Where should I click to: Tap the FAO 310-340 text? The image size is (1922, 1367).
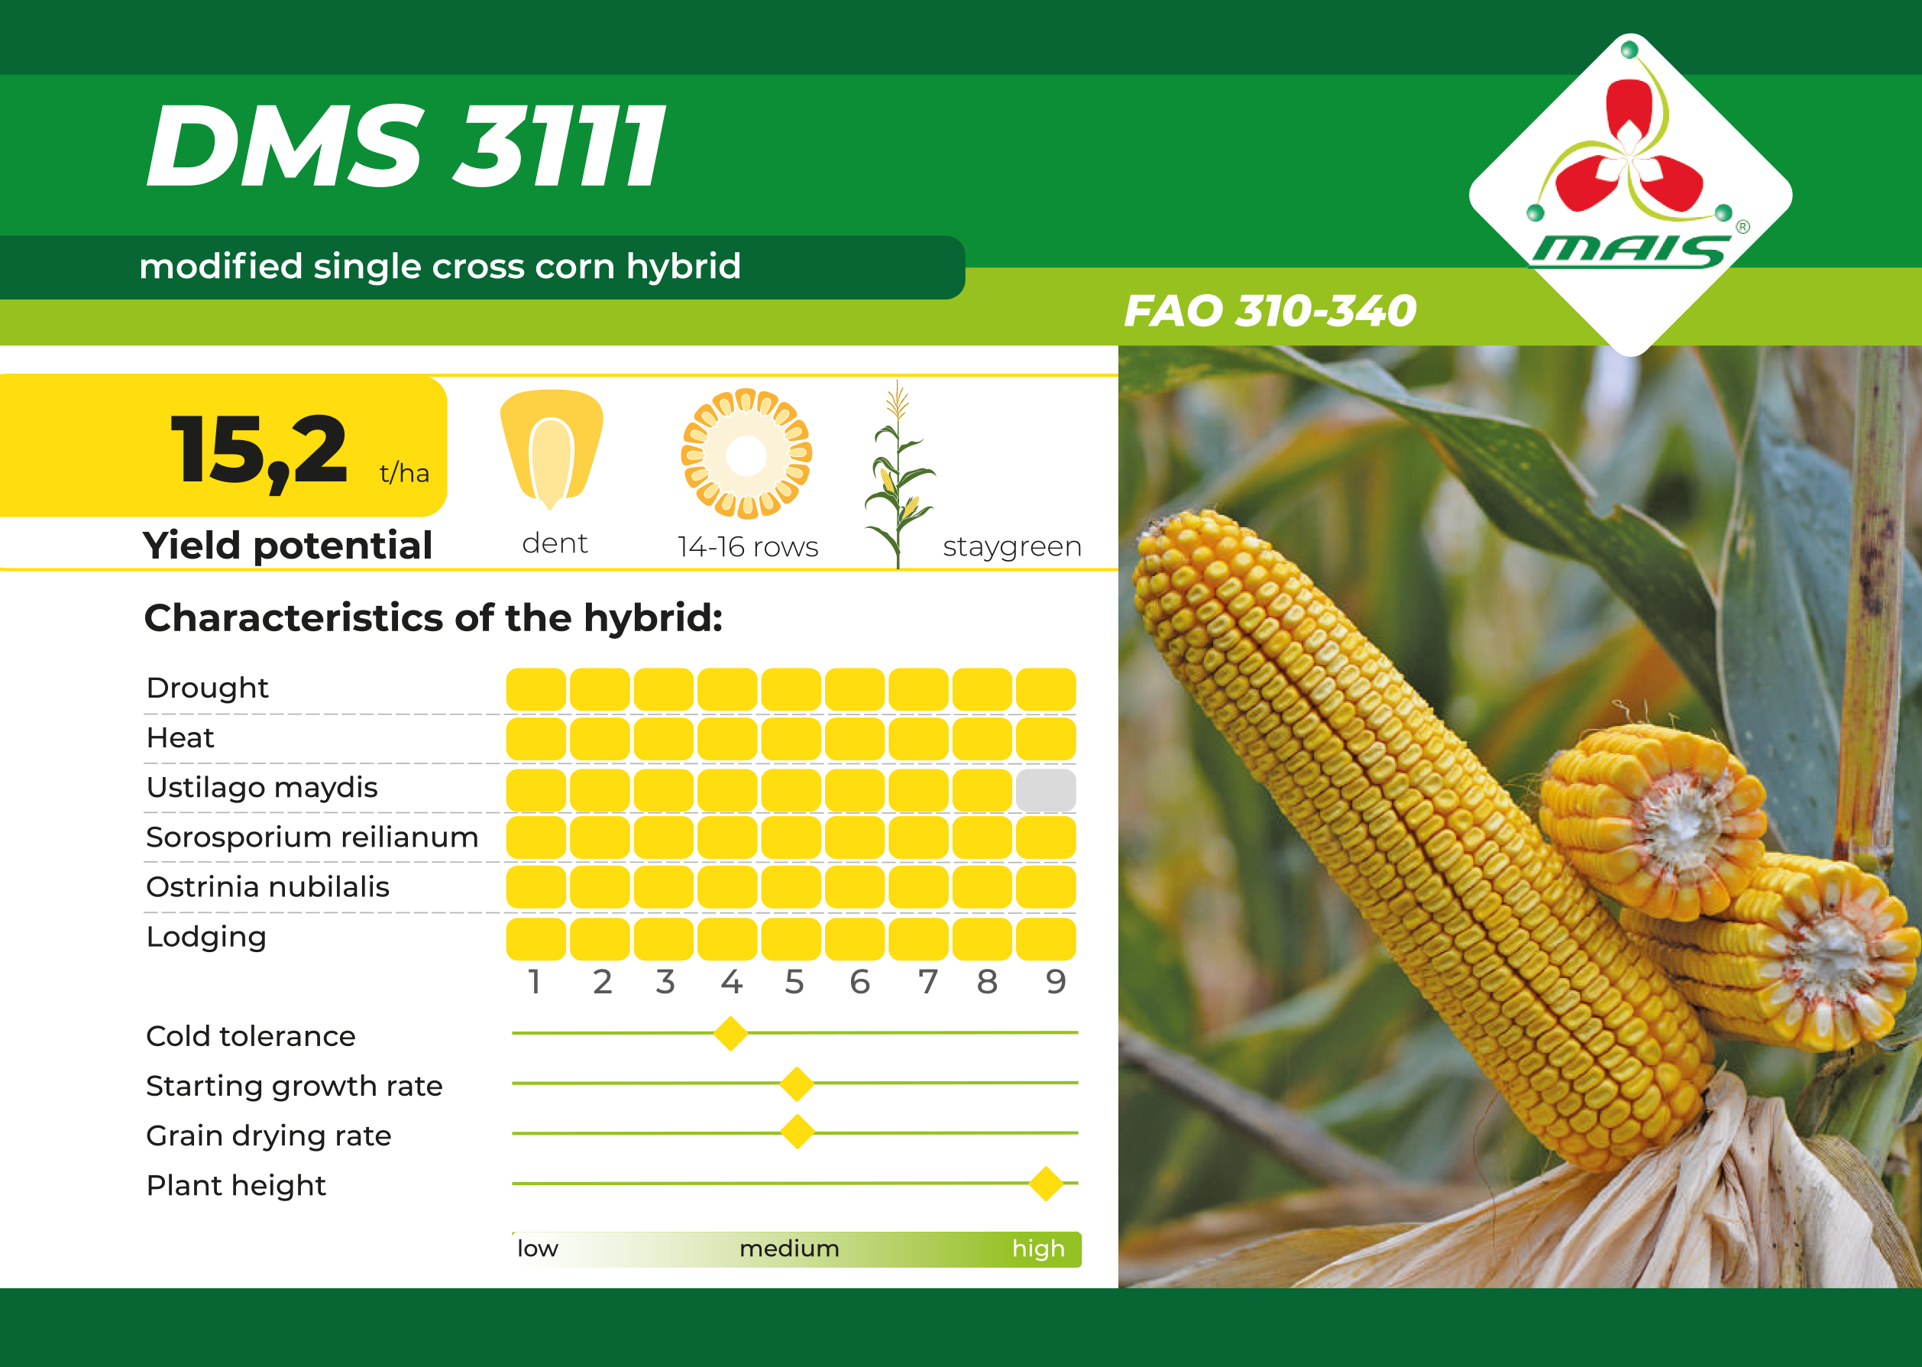pos(1270,310)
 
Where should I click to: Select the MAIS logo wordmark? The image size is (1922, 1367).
pos(1630,251)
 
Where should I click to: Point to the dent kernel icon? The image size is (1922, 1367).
pos(552,449)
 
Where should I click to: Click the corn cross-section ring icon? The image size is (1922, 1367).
pos(746,454)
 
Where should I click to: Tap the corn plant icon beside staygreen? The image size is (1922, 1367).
pos(898,474)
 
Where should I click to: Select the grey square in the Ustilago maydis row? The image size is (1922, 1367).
pos(1045,789)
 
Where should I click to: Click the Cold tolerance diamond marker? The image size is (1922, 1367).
pos(730,1033)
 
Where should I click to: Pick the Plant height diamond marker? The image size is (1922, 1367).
pos(1046,1184)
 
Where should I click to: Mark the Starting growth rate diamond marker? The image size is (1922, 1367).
pos(797,1084)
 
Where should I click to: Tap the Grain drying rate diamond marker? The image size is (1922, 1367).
pos(797,1132)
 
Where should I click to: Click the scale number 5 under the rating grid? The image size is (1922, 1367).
pos(794,981)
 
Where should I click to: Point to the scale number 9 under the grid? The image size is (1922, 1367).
pos(1056,981)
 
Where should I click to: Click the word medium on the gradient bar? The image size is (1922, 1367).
pos(789,1249)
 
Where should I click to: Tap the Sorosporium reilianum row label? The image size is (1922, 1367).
pos(312,837)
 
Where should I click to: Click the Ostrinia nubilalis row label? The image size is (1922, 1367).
pos(267,887)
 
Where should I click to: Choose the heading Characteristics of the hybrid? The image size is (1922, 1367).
pos(433,618)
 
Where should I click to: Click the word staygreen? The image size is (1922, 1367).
pos(1012,548)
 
